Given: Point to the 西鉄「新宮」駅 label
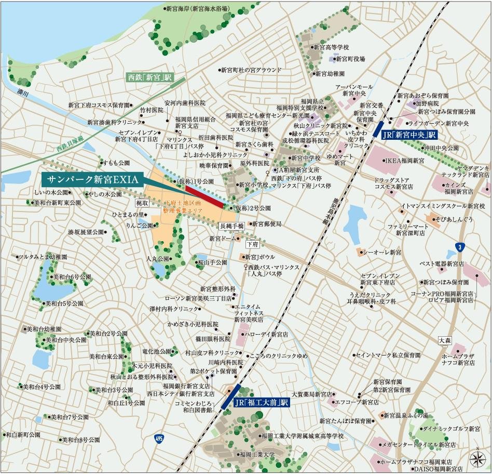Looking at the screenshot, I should click(149, 77).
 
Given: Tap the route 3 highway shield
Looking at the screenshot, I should click(458, 246).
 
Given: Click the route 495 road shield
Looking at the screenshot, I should click(158, 440).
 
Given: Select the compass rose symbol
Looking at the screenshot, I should click(476, 458).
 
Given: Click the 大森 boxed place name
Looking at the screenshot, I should click(445, 340).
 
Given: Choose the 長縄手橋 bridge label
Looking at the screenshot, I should click(231, 226).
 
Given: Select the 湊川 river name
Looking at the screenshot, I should click(22, 93).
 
